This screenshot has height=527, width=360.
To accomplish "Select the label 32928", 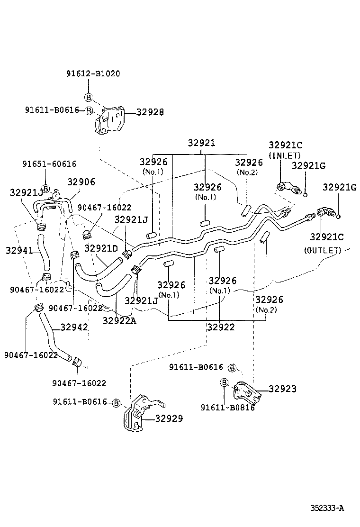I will [150, 112].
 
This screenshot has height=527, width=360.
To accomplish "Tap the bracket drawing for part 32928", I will [110, 120].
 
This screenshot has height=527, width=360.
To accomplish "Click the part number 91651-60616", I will [49, 164].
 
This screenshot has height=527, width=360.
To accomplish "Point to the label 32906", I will [81, 182].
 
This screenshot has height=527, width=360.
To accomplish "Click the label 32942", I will [74, 327].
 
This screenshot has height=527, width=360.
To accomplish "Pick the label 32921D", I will [101, 248].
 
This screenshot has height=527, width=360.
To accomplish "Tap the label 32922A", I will [119, 321].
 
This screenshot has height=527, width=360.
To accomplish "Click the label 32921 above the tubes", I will [201, 143].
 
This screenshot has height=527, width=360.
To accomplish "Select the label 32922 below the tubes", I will [221, 327].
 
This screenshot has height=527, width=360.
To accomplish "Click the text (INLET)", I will [285, 155].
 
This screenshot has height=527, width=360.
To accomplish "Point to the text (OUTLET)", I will [322, 250].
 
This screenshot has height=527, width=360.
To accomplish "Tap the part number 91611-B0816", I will [227, 408].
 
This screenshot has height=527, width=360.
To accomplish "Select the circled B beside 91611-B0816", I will [225, 382].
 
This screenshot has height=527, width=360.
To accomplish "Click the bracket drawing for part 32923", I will [245, 391].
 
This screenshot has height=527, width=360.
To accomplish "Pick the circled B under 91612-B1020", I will [88, 97].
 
